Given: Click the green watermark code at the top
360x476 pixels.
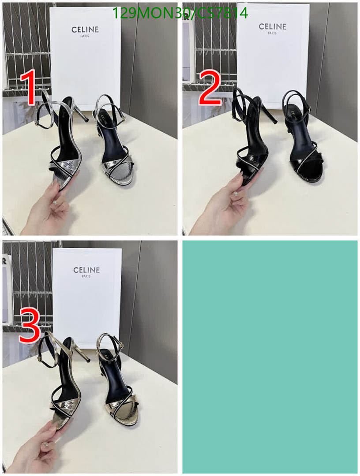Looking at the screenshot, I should pyautogui.click(x=180, y=14).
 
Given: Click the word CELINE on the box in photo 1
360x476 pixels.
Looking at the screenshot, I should pyautogui.click(x=85, y=30).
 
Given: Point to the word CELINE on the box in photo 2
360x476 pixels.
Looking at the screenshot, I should pyautogui.click(x=272, y=27).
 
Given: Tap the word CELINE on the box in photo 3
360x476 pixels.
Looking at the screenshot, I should pyautogui.click(x=86, y=270).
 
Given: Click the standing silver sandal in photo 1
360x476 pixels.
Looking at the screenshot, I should pyautogui.click(x=112, y=145).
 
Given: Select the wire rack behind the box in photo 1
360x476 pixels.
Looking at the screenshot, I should pyautogui.click(x=26, y=44).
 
